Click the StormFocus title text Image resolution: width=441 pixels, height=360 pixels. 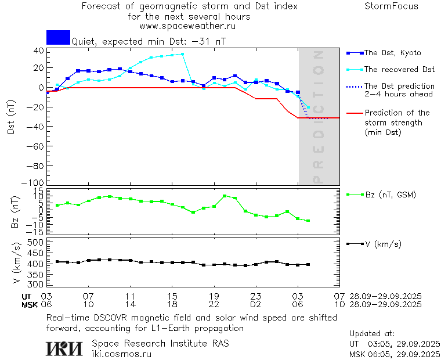391,6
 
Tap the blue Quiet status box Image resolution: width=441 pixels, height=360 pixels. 58,37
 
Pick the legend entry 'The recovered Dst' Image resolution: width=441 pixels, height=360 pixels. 399,70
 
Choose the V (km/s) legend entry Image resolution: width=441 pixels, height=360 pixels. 382,244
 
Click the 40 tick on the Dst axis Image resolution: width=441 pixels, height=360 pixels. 39,51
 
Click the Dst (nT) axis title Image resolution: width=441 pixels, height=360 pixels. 12,117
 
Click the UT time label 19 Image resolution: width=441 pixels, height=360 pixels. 214,296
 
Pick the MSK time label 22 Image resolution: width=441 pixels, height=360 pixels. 214,304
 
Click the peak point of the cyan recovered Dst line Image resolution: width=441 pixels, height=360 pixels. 182,54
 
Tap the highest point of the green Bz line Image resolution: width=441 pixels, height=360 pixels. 225,196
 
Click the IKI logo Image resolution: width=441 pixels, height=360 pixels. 65,348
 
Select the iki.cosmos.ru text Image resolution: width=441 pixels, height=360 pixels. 121,353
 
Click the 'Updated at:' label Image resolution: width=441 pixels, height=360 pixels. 371,334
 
